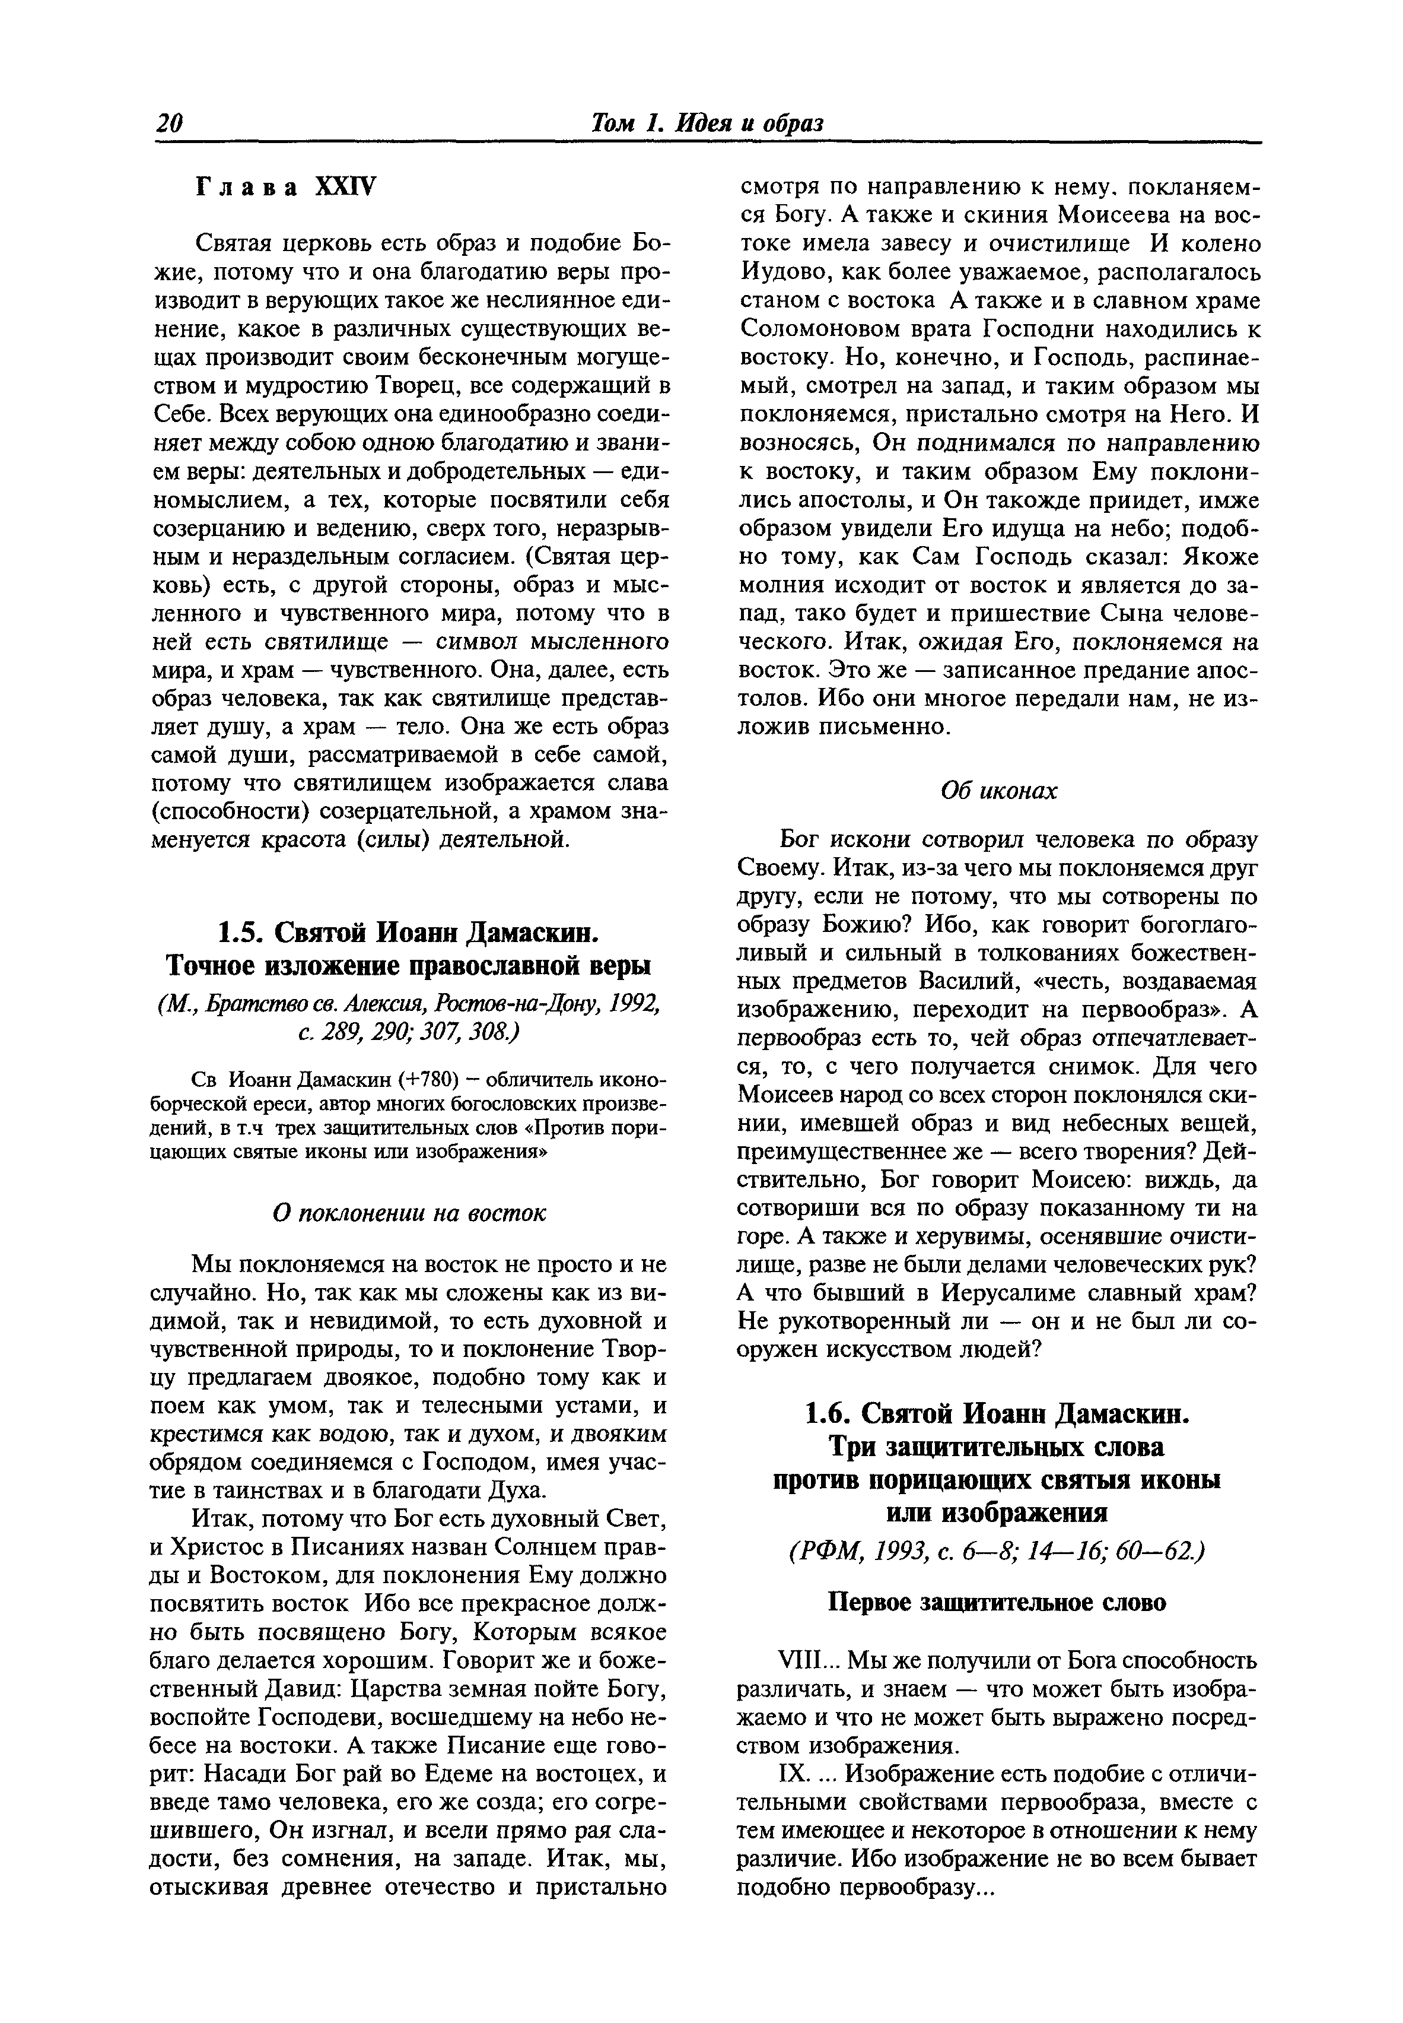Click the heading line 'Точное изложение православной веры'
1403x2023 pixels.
tap(409, 966)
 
